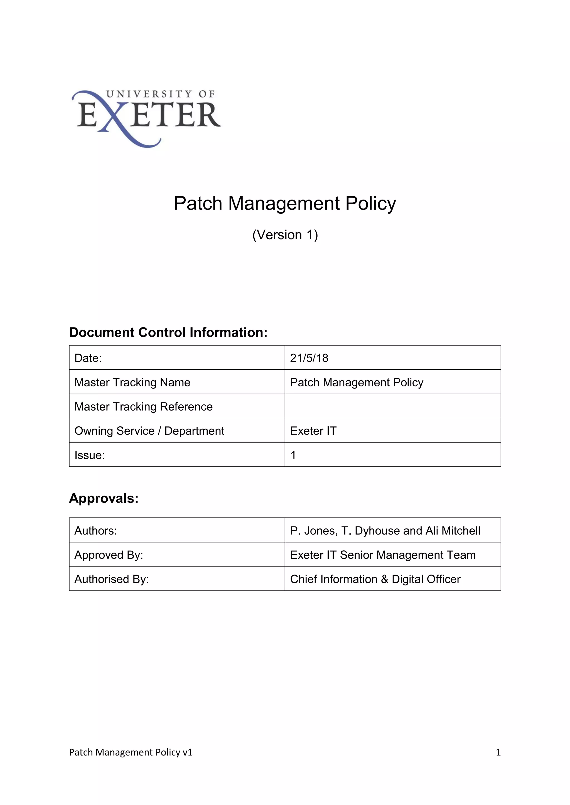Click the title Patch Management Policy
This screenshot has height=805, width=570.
[x=285, y=203]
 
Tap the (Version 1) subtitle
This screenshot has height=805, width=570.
[x=285, y=235]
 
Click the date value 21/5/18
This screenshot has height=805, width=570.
[x=309, y=358]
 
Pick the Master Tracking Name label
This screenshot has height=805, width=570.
[x=132, y=382]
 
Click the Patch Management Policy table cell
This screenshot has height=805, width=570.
[x=357, y=382]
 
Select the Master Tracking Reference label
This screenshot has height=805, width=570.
[x=144, y=406]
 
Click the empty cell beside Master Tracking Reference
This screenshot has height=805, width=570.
[x=392, y=406]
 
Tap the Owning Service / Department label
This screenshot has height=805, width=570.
[x=149, y=431]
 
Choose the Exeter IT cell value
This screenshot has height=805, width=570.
[x=313, y=431]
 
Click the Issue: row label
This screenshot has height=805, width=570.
[x=90, y=455]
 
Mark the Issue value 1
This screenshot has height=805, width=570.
[x=293, y=455]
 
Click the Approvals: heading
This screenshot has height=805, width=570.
[x=104, y=498]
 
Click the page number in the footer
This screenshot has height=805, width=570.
[x=498, y=752]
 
